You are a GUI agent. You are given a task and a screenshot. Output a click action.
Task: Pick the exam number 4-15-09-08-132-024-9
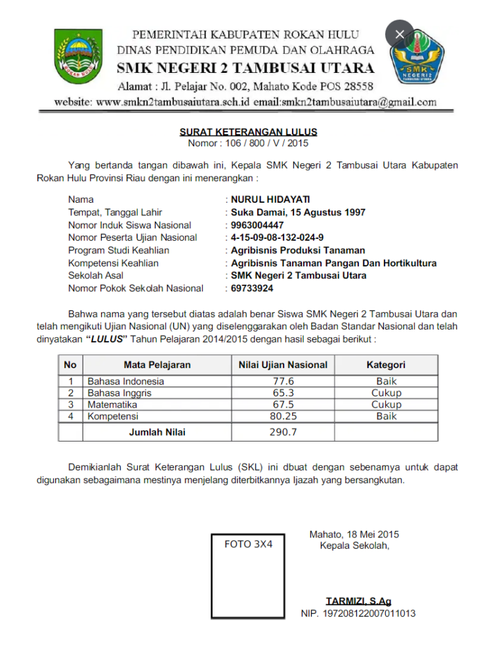click(277, 238)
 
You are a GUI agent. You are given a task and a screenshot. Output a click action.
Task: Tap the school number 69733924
click(252, 288)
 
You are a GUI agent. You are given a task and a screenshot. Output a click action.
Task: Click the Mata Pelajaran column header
click(157, 364)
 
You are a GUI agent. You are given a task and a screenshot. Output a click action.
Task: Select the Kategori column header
click(385, 364)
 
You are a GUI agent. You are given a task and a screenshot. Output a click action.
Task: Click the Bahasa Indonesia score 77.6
click(283, 381)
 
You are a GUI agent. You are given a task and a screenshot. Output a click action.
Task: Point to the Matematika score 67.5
click(283, 405)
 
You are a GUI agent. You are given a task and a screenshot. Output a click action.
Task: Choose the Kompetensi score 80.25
click(283, 416)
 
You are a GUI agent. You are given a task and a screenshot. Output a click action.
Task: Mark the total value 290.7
click(283, 432)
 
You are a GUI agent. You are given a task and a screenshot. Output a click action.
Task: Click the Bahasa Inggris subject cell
click(120, 393)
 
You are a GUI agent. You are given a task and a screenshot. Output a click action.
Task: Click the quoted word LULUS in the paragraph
click(106, 340)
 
